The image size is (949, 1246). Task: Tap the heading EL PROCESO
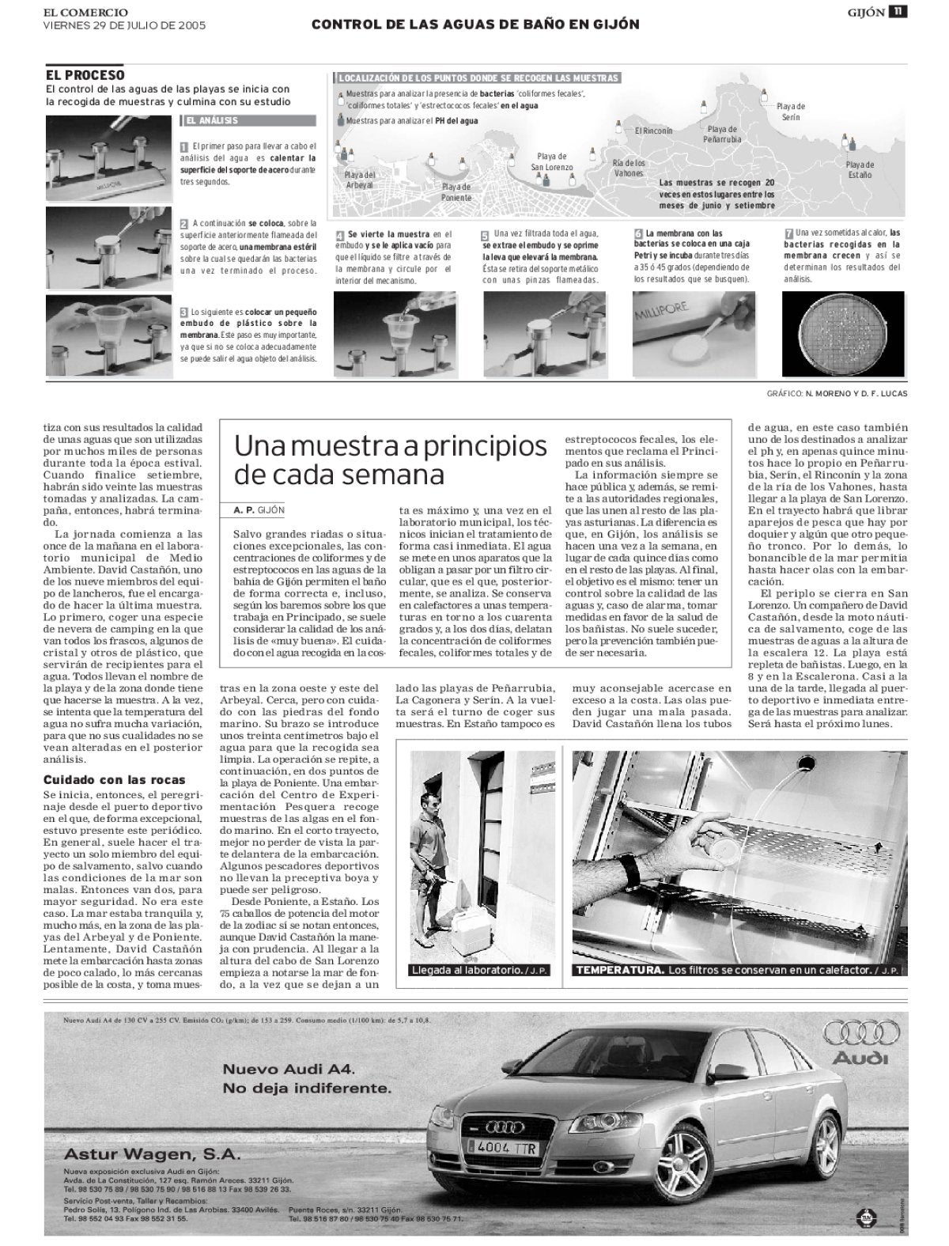85,75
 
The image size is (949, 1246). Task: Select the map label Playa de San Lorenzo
551,162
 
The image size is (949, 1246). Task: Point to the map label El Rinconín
653,131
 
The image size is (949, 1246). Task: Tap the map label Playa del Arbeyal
360,180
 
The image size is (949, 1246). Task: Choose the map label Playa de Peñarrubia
722,134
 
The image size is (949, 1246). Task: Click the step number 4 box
340,235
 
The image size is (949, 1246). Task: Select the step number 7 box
788,233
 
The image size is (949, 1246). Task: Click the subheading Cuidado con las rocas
102,780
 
